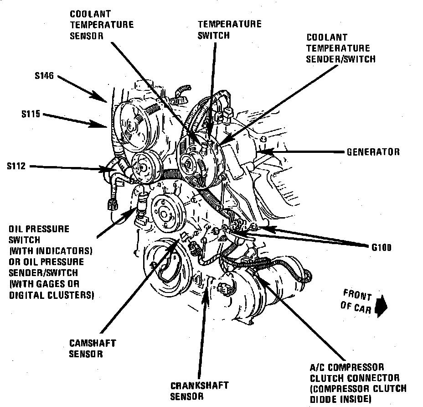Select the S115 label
(31, 114)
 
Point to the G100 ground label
(382, 248)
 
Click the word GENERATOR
(373, 152)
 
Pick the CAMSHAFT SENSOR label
(93, 348)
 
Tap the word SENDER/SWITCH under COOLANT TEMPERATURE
(341, 59)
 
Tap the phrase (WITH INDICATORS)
(51, 251)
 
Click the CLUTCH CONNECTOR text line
(355, 378)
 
